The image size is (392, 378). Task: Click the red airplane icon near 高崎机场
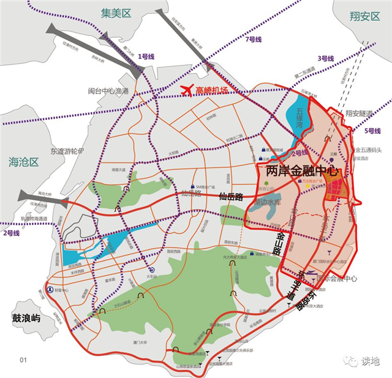tap(187, 90)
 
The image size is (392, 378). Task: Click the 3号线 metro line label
tap(325, 58)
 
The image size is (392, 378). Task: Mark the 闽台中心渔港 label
tap(108, 91)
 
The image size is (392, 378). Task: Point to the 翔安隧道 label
tap(359, 113)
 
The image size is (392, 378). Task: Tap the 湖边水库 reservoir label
tap(268, 202)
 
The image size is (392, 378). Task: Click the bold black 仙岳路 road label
tap(230, 197)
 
